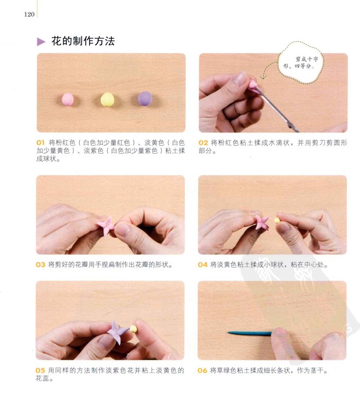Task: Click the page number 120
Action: click(29, 14)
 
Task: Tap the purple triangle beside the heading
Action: click(41, 42)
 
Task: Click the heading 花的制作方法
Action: click(83, 41)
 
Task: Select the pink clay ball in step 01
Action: click(68, 99)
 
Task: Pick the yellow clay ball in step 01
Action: click(107, 100)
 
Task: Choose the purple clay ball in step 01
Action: click(145, 98)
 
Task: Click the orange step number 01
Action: click(40, 143)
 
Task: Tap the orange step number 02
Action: click(203, 143)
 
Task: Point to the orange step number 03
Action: click(40, 265)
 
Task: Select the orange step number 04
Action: click(203, 265)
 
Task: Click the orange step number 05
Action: click(40, 370)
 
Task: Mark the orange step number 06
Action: click(202, 370)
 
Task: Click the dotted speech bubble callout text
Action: click(300, 62)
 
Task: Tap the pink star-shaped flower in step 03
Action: click(106, 225)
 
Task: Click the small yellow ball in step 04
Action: click(277, 220)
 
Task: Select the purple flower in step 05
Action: click(117, 331)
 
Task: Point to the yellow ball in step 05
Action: click(133, 329)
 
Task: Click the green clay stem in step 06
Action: click(250, 333)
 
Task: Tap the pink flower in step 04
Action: click(261, 223)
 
